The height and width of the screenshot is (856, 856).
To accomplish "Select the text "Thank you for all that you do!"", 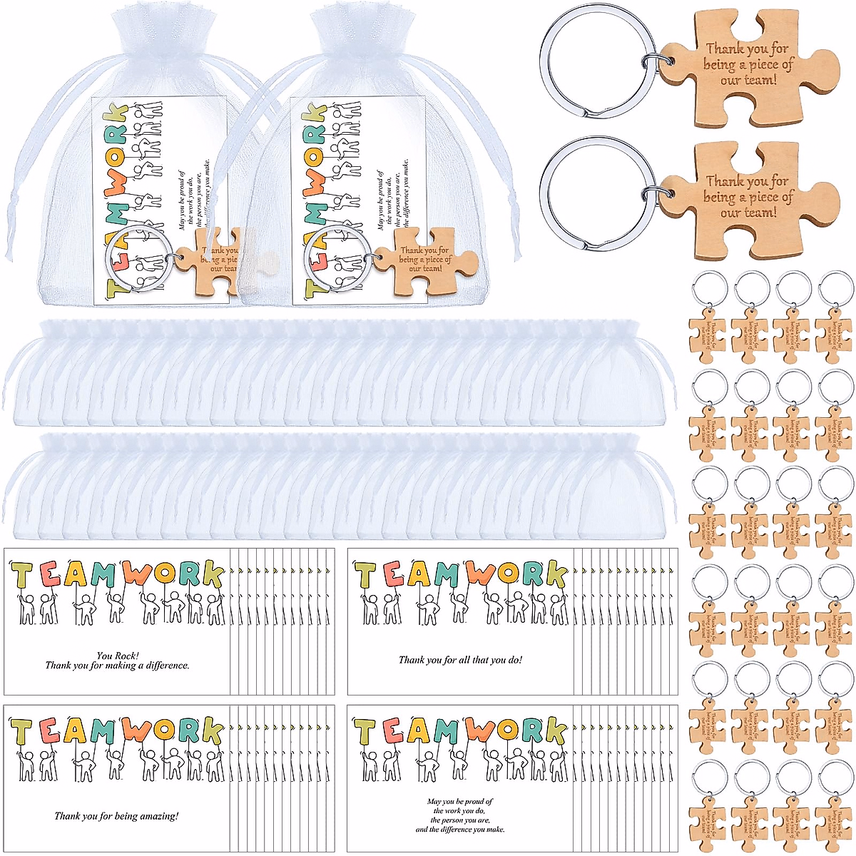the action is (460, 660).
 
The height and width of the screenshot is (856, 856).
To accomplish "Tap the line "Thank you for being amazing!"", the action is (117, 816).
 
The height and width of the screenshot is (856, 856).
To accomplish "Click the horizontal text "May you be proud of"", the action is (460, 802).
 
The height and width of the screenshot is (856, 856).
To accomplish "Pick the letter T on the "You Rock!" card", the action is (22, 576).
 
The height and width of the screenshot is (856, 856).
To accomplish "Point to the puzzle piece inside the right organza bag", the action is (424, 260).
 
